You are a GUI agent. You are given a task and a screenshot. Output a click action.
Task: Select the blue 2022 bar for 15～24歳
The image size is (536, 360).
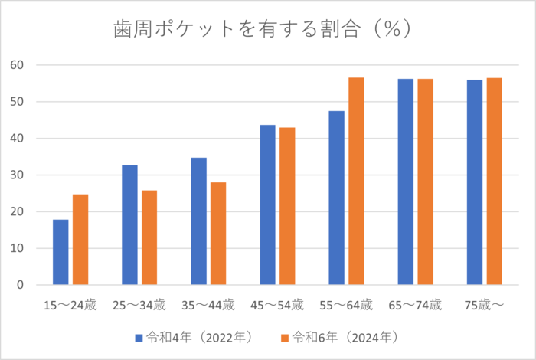click(60, 252)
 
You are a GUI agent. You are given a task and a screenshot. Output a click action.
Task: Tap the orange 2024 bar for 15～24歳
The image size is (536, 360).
click(80, 240)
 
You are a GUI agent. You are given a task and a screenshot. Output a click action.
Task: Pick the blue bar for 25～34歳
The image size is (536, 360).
click(129, 225)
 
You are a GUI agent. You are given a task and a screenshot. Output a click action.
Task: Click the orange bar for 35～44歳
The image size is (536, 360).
click(218, 234)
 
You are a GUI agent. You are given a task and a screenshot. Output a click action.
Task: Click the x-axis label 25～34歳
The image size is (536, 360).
click(139, 306)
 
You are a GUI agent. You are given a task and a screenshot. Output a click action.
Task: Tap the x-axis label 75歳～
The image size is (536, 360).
click(484, 306)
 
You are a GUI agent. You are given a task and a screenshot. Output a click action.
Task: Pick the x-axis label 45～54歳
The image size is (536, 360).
click(277, 306)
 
